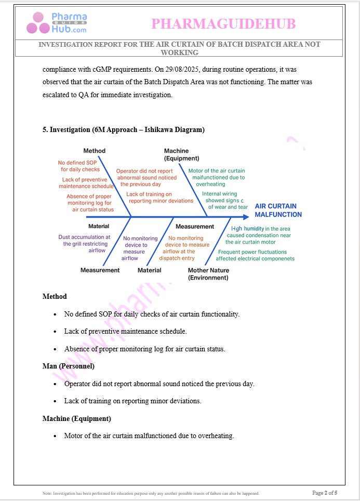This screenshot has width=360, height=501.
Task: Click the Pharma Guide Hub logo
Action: pyautogui.click(x=57, y=23)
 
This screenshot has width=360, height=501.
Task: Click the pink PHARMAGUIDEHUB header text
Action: pyautogui.click(x=223, y=24)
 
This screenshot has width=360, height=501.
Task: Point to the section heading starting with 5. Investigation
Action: pyautogui.click(x=124, y=130)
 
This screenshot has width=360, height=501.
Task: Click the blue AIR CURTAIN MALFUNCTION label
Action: pyautogui.click(x=278, y=210)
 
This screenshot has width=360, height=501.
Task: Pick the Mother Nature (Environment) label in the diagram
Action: pyautogui.click(x=208, y=274)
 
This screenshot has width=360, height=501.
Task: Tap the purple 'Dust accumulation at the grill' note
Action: pyautogui.click(x=84, y=244)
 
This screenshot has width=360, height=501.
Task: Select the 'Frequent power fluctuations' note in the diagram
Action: pyautogui.click(x=255, y=255)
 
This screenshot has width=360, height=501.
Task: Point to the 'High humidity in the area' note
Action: pyautogui.click(x=258, y=235)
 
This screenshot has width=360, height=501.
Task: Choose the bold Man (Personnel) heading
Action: pyautogui.click(x=69, y=366)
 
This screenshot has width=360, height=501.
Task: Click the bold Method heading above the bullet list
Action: pyautogui.click(x=55, y=296)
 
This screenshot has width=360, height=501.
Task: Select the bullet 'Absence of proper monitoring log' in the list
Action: pyautogui.click(x=144, y=349)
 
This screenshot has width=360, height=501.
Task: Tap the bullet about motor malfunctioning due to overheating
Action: pyautogui.click(x=149, y=436)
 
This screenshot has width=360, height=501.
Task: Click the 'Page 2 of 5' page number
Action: pyautogui.click(x=325, y=493)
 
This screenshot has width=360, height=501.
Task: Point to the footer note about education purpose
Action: pyautogui.click(x=151, y=493)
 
